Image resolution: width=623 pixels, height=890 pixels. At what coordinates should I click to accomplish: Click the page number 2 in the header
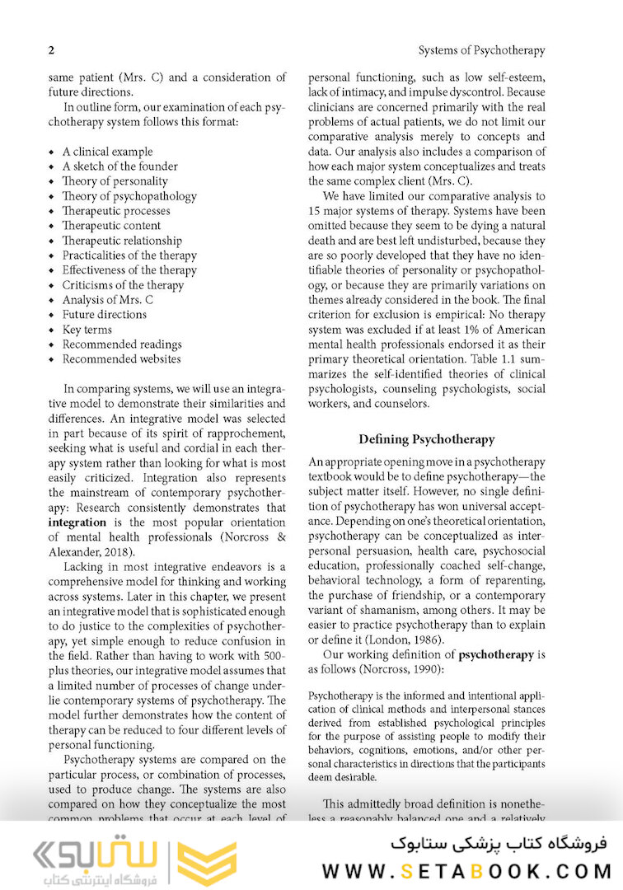(x=51, y=50)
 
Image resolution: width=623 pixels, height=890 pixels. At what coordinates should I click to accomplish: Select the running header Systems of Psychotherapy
(x=481, y=50)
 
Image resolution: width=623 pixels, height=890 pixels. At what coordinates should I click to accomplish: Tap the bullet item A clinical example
(x=107, y=152)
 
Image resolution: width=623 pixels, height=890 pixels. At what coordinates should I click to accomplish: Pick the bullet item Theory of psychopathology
(x=129, y=196)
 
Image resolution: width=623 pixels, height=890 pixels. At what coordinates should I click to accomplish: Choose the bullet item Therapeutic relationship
(x=122, y=241)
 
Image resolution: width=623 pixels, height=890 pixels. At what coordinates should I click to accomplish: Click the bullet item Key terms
(x=87, y=330)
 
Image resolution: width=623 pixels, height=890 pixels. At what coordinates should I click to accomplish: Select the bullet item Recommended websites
(x=121, y=359)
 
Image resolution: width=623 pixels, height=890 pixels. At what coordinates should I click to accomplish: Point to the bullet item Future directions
(x=104, y=315)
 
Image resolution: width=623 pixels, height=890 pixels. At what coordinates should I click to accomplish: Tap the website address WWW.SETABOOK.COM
(x=466, y=870)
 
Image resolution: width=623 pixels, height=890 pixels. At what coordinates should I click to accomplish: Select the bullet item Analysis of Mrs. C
(x=107, y=300)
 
